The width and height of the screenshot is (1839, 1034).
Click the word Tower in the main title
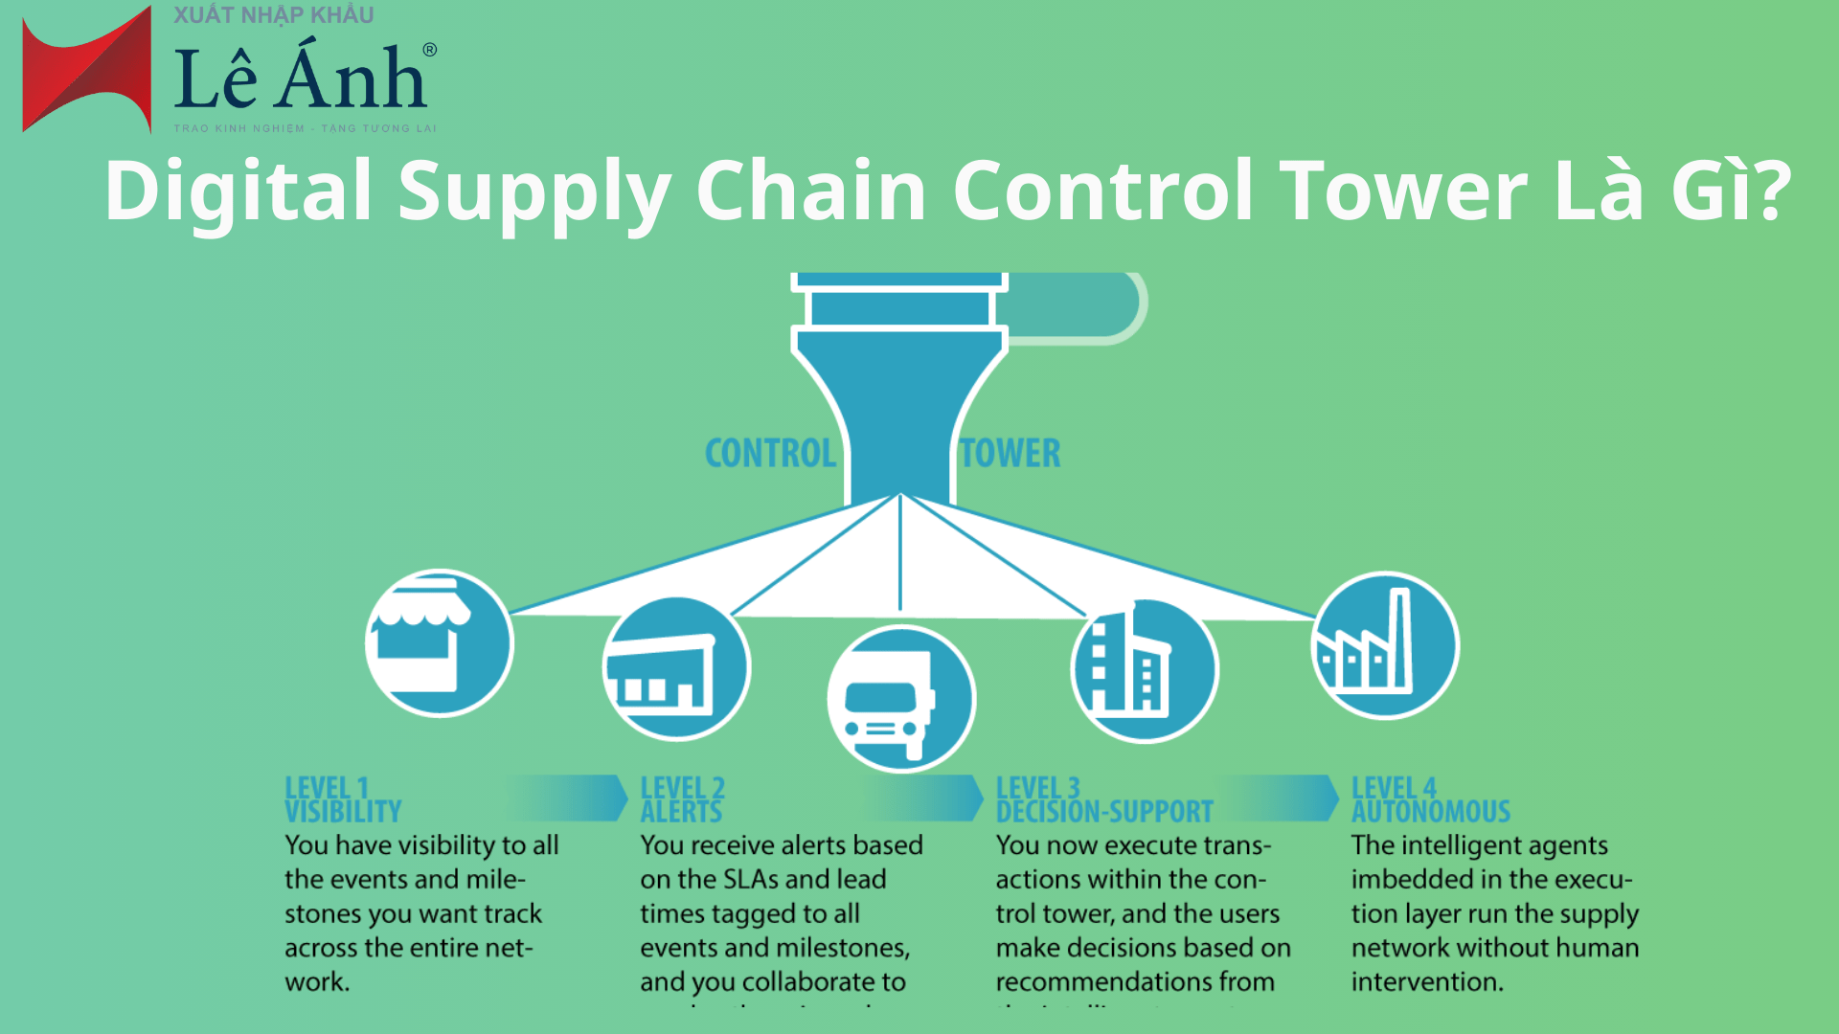tap(1404, 191)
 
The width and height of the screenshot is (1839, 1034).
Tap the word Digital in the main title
tap(238, 191)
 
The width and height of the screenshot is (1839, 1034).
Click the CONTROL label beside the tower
tap(770, 454)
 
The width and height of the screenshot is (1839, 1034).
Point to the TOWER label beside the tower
tap(1010, 454)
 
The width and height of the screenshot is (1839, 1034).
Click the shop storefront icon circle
tap(440, 642)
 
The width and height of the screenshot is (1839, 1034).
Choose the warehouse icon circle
tap(676, 668)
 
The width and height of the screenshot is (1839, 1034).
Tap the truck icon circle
tap(901, 699)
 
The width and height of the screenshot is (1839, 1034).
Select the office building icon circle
tap(1144, 669)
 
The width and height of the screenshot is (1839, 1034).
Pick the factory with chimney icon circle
tap(1385, 645)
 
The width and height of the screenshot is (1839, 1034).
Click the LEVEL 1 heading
tap(327, 788)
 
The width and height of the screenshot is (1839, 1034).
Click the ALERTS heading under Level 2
tap(681, 812)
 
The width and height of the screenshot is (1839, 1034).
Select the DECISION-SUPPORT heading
tap(1104, 812)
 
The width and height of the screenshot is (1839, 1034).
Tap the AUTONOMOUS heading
tap(1431, 812)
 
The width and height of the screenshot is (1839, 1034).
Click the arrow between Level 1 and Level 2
tap(570, 798)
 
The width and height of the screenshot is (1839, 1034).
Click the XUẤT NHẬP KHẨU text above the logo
tap(274, 14)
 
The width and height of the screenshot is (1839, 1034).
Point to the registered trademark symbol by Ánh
tap(429, 50)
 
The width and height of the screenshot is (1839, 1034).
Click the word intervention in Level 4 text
tap(1426, 981)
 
